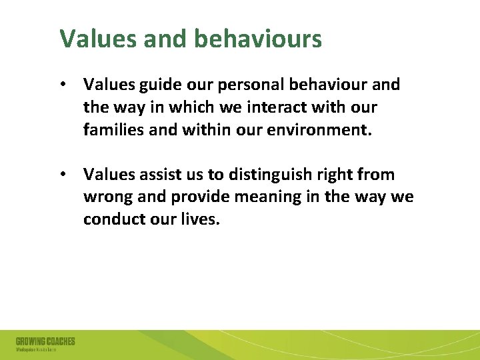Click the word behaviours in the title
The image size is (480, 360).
258,39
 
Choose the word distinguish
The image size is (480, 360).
261,175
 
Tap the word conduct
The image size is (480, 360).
113,219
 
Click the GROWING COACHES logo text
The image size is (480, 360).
45,341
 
